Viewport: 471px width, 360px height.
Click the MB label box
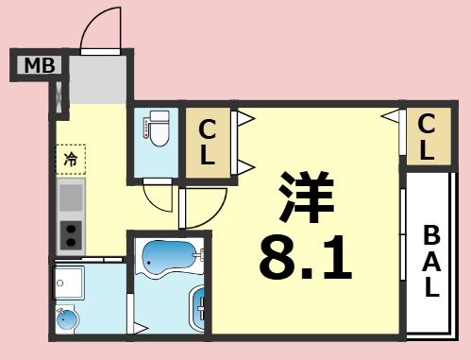39,65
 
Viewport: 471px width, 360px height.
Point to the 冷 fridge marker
71,158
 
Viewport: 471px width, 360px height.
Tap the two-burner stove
71,233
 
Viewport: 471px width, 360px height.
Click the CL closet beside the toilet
207,142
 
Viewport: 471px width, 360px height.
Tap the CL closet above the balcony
427,137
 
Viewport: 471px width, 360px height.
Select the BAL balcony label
430,262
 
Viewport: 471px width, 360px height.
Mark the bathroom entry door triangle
141,329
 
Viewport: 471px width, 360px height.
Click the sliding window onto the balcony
404,255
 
